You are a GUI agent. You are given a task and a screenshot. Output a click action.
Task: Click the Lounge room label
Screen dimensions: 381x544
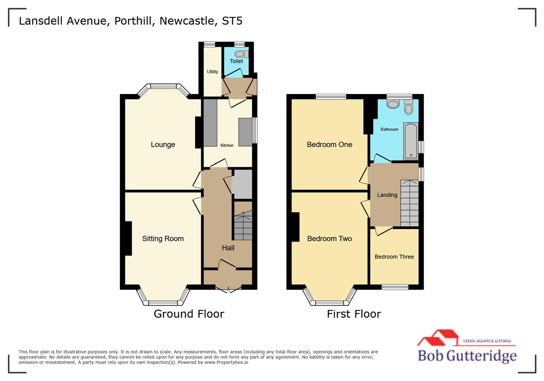[163, 145]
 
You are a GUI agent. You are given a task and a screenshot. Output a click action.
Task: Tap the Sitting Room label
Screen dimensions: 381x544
[163, 239]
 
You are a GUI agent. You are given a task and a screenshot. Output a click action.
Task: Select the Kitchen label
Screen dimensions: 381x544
[227, 145]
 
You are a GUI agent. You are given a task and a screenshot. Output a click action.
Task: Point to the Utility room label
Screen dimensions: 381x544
[212, 72]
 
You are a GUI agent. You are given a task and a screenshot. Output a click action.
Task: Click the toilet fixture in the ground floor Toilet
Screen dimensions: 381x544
[241, 54]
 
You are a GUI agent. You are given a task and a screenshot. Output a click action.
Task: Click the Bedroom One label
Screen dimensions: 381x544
[329, 145]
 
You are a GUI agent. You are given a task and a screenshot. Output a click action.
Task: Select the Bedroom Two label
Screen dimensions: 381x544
[329, 239]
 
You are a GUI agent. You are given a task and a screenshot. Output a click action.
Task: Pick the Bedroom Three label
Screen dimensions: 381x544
[394, 257]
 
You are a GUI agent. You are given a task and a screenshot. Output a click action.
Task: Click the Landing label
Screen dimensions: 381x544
[387, 195]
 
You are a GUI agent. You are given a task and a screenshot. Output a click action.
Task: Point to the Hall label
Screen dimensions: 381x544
[228, 248]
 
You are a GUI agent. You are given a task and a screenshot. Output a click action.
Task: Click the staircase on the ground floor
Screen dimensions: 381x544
[243, 225]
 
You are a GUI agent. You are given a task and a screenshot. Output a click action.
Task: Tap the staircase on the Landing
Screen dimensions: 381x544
[409, 204]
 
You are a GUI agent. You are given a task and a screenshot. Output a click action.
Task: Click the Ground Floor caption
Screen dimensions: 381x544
[189, 314]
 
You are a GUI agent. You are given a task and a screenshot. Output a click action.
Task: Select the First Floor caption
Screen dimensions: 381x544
[354, 314]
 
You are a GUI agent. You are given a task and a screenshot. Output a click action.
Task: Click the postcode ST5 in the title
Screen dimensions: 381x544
[232, 21]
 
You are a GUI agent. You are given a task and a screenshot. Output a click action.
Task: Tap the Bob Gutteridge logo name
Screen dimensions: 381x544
[467, 356]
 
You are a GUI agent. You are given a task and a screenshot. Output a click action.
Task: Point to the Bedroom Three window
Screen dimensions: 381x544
[395, 287]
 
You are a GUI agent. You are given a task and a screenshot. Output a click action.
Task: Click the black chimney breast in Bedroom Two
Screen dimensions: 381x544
[295, 227]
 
